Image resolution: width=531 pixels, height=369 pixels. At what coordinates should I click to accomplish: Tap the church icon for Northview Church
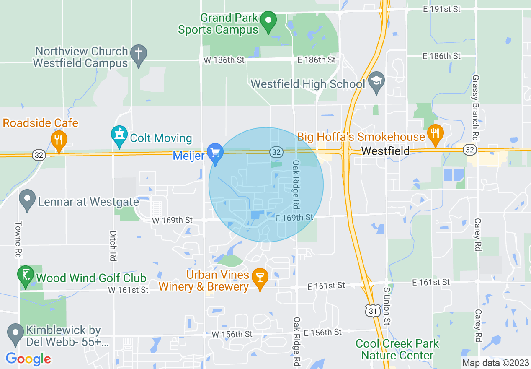point(137,55)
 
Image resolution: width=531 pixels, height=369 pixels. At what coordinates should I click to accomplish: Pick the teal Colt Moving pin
point(119,136)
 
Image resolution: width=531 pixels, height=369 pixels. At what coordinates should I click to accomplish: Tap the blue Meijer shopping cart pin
point(215,153)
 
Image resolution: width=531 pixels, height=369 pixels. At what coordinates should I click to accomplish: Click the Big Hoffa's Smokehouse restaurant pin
point(436,134)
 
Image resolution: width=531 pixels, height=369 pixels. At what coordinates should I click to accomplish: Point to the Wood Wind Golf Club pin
point(25,275)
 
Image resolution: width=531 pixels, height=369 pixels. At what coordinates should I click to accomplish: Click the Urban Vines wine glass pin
point(260,278)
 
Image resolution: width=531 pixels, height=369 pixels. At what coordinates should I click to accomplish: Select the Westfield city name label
point(385,151)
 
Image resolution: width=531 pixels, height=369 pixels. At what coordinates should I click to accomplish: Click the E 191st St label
point(441,9)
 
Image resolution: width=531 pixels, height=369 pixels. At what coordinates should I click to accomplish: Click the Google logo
point(28,359)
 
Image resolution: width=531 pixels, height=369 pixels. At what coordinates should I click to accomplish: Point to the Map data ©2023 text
point(495,363)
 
